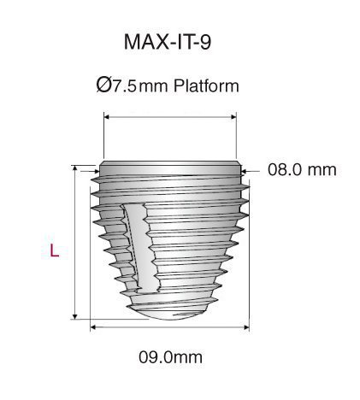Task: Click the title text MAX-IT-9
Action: coord(168,43)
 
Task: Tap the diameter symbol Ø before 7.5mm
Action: coord(103,85)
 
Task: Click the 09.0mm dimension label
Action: coord(170,356)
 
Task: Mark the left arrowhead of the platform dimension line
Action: coord(106,121)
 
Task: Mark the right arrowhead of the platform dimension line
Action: coord(233,121)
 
